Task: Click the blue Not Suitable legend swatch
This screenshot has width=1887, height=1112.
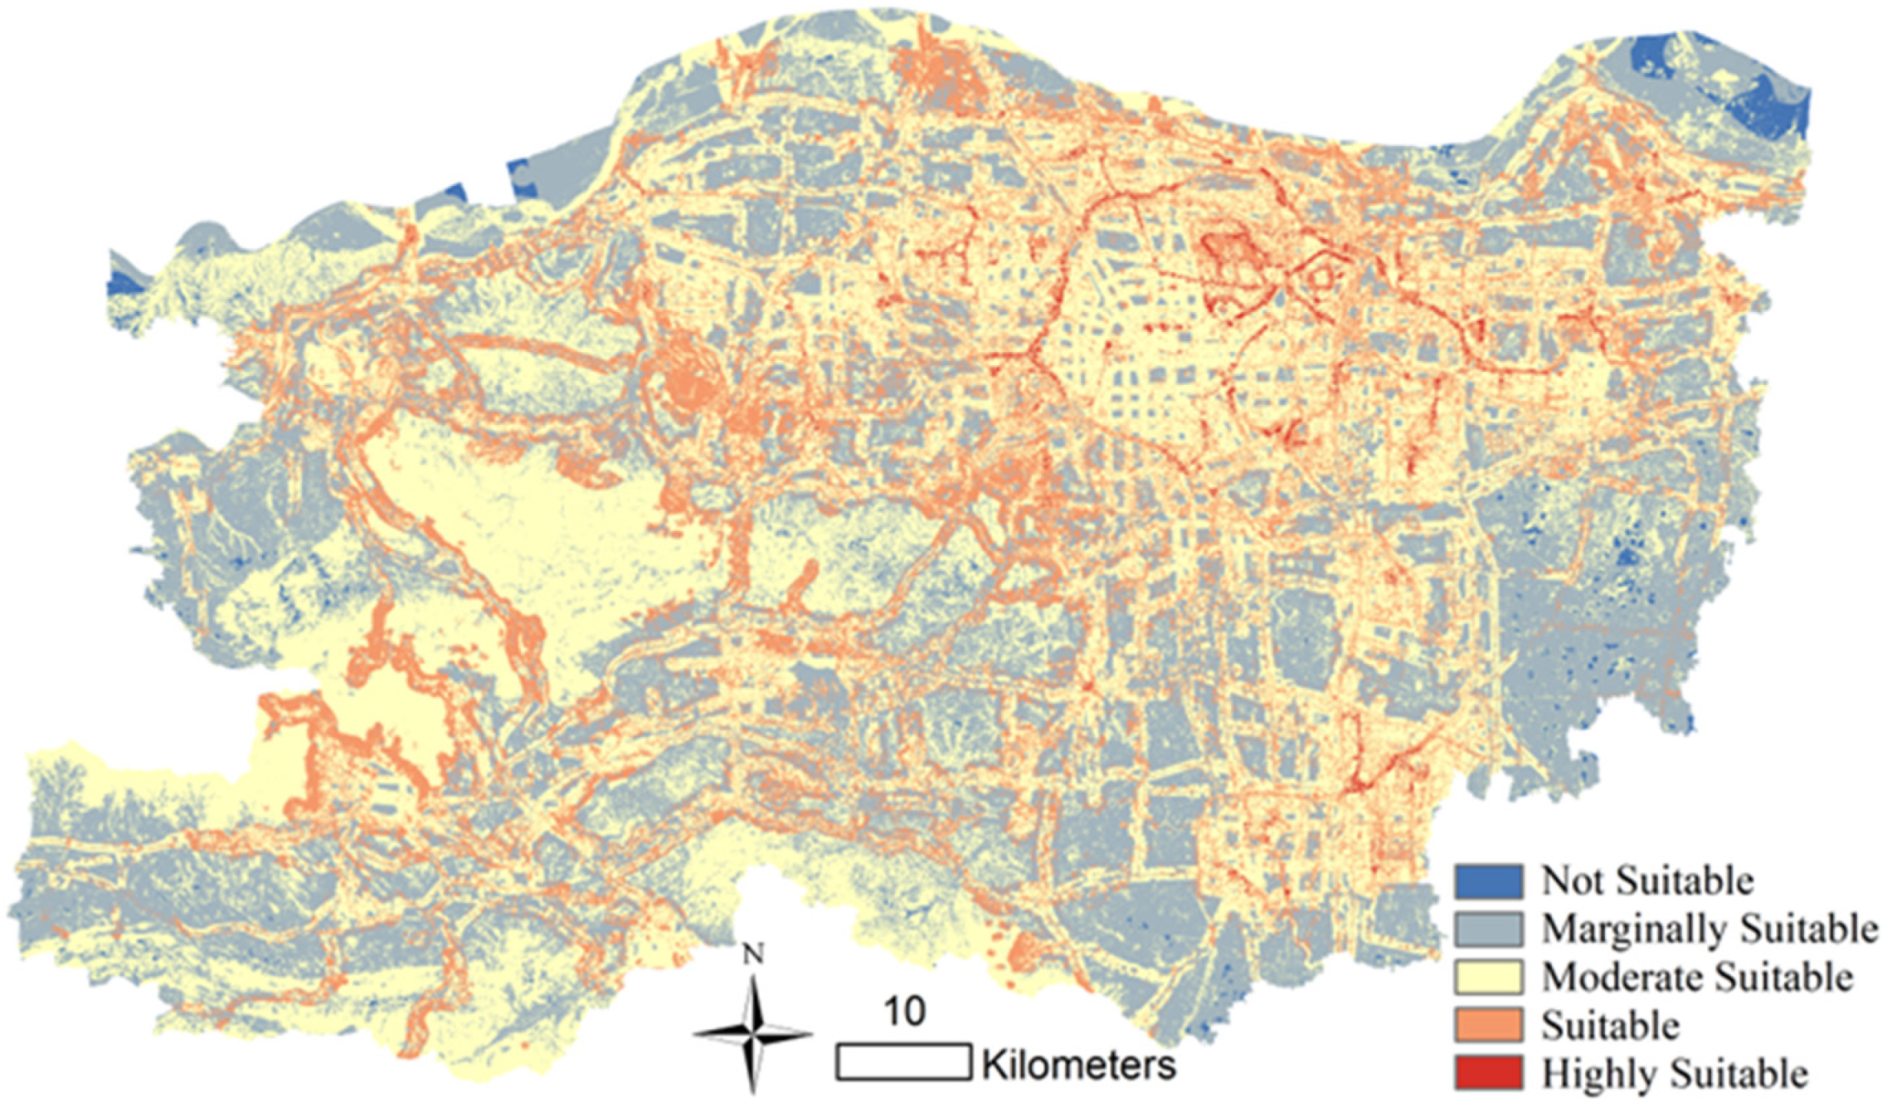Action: pos(1488,880)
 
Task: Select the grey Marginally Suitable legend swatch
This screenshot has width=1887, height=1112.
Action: pos(1488,929)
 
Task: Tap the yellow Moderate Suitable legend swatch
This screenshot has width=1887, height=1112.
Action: pos(1488,977)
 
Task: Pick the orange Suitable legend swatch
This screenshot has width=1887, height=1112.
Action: pos(1488,1025)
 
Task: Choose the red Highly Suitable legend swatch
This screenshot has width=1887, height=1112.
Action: pos(1488,1073)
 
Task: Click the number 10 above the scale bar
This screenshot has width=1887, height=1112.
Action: pos(903,1012)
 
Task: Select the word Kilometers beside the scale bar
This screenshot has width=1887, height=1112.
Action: pos(1078,1065)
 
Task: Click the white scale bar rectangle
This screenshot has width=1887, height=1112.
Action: pos(903,1062)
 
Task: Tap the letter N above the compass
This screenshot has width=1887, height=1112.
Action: pos(753,955)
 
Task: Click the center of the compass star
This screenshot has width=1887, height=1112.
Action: pos(753,1034)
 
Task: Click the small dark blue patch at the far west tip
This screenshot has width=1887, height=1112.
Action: pos(123,282)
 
